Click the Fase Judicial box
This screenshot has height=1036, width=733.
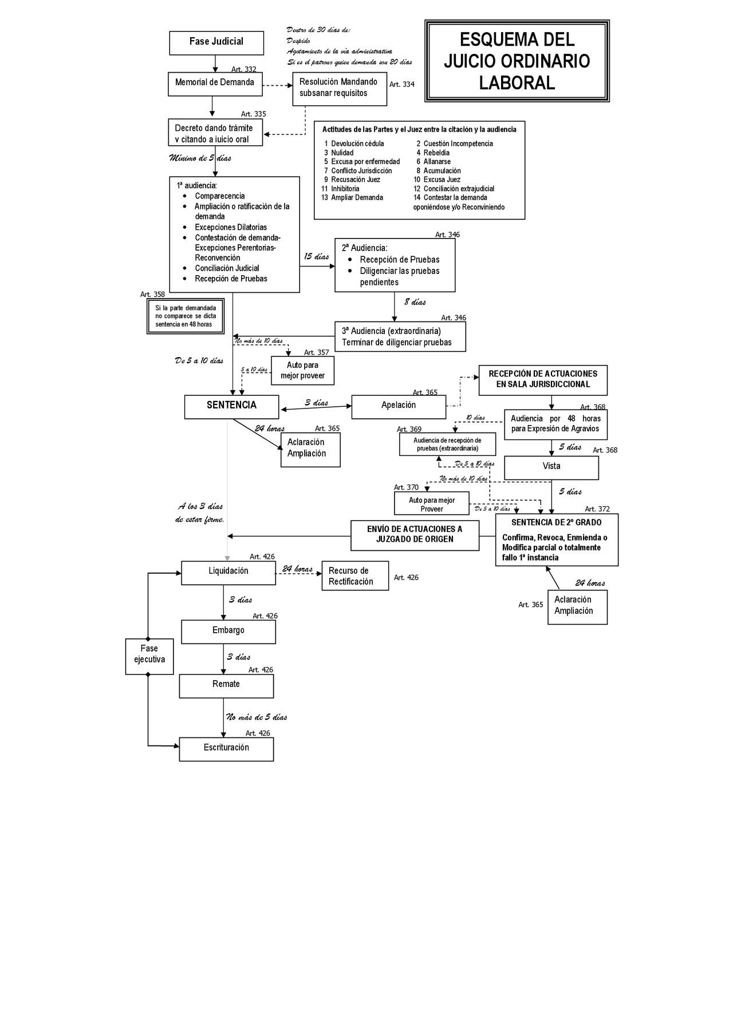pyautogui.click(x=216, y=42)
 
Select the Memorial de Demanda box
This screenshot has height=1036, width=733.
pyautogui.click(x=215, y=84)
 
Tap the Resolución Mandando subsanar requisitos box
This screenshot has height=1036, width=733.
pyautogui.click(x=339, y=88)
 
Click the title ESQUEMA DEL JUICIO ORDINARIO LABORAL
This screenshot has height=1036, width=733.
pyautogui.click(x=517, y=61)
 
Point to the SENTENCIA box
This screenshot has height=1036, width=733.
pyautogui.click(x=231, y=406)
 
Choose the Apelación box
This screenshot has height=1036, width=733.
pyautogui.click(x=399, y=406)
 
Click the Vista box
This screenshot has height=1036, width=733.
pyautogui.click(x=551, y=467)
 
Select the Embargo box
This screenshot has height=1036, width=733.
pyautogui.click(x=228, y=631)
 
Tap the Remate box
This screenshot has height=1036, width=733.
pyautogui.click(x=226, y=685)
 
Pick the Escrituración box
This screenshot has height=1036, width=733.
pyautogui.click(x=226, y=748)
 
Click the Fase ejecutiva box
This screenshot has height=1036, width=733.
pyautogui.click(x=149, y=655)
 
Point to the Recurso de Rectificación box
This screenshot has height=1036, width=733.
pyautogui.click(x=355, y=575)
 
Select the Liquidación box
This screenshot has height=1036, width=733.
pyautogui.click(x=228, y=572)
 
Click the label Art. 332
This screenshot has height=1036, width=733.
pyautogui.click(x=244, y=69)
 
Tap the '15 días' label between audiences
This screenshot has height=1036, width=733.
pyautogui.click(x=316, y=257)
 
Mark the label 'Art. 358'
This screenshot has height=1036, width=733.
pyautogui.click(x=152, y=295)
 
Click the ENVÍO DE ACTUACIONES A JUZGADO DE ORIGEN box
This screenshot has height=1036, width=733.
pyautogui.click(x=415, y=534)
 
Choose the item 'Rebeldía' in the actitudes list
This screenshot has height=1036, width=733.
pyautogui.click(x=436, y=153)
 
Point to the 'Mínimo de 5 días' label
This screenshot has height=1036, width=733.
pyautogui.click(x=200, y=158)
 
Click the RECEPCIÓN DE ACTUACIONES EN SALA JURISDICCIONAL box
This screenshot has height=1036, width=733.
pyautogui.click(x=542, y=379)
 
